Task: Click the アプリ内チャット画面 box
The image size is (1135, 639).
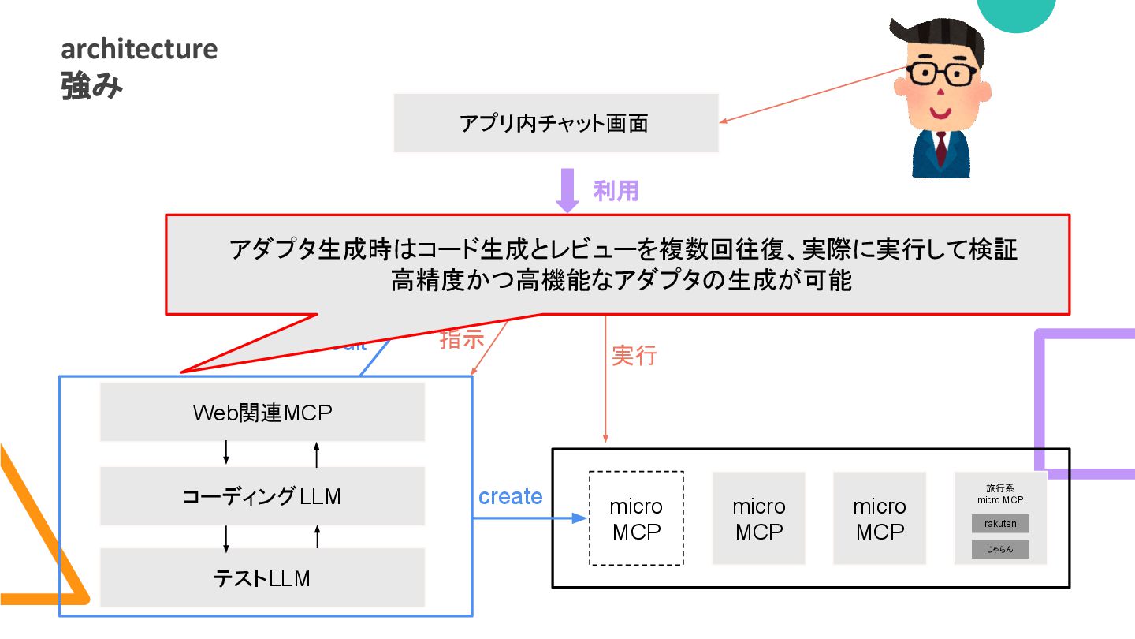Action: (x=556, y=123)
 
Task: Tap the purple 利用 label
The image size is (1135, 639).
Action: (x=616, y=190)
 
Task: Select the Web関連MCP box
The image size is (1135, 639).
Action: (x=262, y=413)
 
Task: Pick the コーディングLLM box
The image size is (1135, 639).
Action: (x=262, y=496)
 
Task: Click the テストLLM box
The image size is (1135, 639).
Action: (x=262, y=578)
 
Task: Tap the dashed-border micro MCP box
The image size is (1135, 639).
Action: (x=636, y=518)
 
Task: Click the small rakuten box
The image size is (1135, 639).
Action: (x=1000, y=524)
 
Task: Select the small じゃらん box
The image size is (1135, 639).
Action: (x=1000, y=549)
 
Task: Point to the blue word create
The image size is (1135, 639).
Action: (x=511, y=496)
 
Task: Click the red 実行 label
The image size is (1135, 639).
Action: (x=634, y=356)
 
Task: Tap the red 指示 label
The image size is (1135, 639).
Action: (x=461, y=339)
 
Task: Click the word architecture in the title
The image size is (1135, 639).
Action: (x=140, y=49)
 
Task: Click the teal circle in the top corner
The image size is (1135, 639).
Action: (x=1018, y=11)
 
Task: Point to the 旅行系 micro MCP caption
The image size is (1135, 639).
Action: (x=1000, y=494)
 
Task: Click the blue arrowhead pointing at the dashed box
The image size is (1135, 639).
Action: (x=581, y=518)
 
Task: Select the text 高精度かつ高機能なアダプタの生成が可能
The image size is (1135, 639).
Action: (x=621, y=281)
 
